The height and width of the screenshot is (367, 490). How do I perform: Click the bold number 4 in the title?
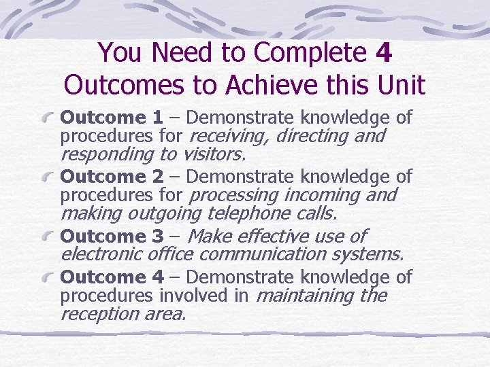[383, 52]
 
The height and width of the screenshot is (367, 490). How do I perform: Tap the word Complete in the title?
[313, 52]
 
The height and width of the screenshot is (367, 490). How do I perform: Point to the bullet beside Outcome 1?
[49, 119]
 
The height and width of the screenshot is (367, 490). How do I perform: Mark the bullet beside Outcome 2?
[49, 178]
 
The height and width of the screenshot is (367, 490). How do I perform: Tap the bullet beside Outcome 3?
[49, 237]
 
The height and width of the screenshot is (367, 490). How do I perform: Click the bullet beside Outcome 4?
[49, 278]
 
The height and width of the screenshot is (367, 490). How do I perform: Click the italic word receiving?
[227, 137]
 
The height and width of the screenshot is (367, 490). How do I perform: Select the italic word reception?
[99, 313]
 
